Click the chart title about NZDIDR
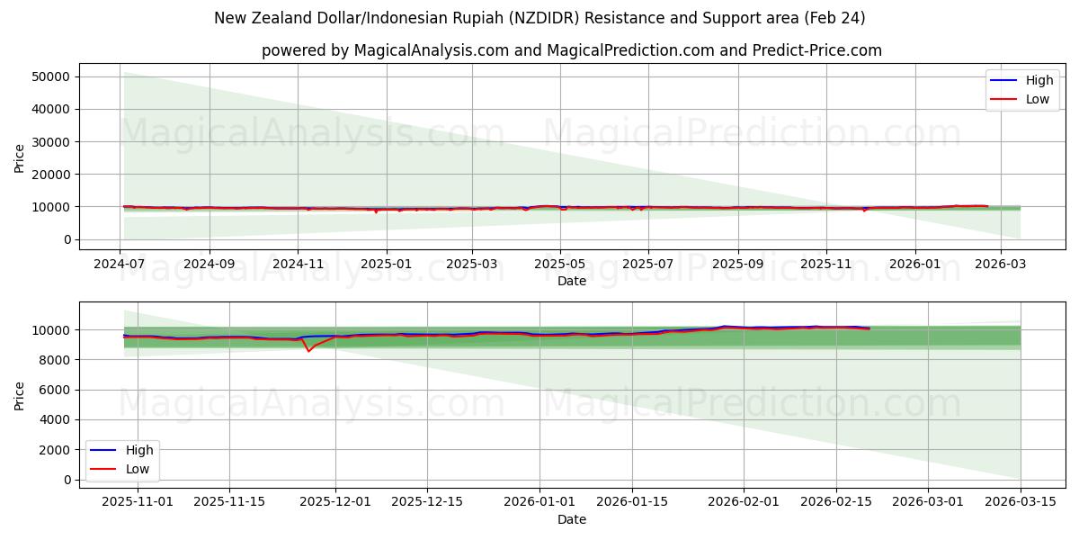click(x=539, y=18)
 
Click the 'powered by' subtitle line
click(x=571, y=50)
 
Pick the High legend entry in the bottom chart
click(x=125, y=450)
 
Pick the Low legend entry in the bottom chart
click(x=125, y=469)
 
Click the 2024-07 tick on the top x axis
click(x=120, y=263)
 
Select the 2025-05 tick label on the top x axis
click(x=560, y=263)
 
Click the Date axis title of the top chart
click(x=571, y=281)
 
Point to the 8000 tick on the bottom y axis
click(x=56, y=360)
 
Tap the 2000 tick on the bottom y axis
click(x=56, y=449)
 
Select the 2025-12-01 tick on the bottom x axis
click(x=334, y=501)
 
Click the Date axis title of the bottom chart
click(x=571, y=519)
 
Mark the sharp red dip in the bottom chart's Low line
click(x=308, y=350)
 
